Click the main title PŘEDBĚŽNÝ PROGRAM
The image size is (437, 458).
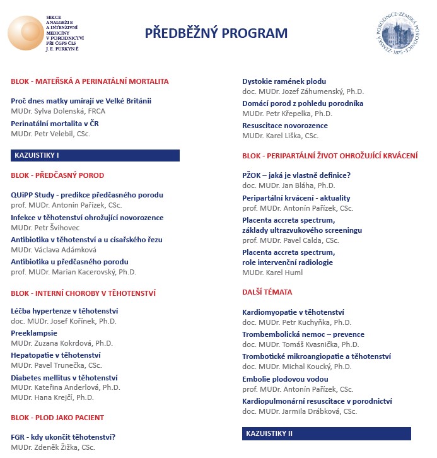coord(216,33)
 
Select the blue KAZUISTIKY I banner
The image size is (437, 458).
coord(95,155)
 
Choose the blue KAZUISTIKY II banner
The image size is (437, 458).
coord(327,434)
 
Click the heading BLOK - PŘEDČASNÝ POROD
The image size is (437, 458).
coord(57,175)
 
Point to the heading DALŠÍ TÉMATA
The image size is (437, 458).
coord(267,292)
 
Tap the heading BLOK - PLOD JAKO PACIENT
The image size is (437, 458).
coord(57,418)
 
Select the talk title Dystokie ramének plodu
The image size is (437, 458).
coord(284,81)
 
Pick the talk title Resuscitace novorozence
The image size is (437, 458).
coord(285,126)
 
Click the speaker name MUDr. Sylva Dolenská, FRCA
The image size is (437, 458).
coord(58,110)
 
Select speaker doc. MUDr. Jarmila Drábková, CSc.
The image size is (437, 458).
coord(299,411)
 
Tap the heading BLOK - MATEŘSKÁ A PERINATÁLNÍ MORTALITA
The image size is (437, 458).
coord(90,81)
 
